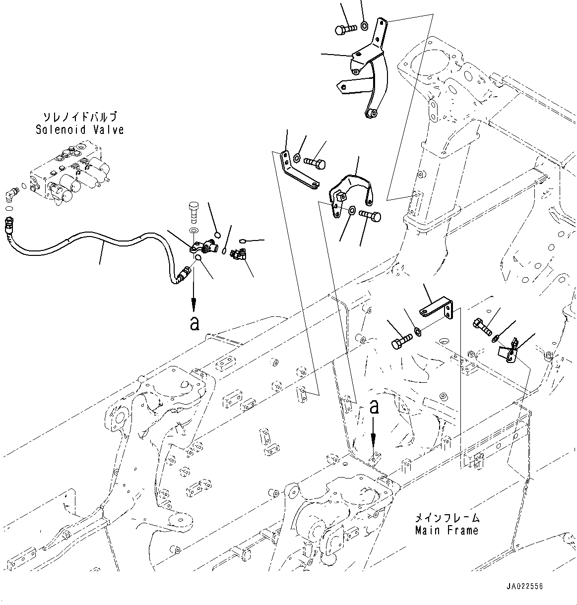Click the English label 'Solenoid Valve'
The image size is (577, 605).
(x=79, y=130)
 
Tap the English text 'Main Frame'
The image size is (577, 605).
(x=447, y=530)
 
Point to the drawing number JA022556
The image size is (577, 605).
(x=524, y=586)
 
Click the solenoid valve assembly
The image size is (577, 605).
(x=69, y=174)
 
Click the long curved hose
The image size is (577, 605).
(x=99, y=241)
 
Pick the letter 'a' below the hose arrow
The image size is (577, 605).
(x=194, y=324)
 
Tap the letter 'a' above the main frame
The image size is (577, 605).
(x=375, y=408)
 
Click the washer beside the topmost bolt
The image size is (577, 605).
(x=364, y=25)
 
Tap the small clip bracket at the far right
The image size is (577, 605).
(x=509, y=351)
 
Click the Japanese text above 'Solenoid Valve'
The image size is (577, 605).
(x=79, y=118)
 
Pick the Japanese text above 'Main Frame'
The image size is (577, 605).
(x=447, y=518)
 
